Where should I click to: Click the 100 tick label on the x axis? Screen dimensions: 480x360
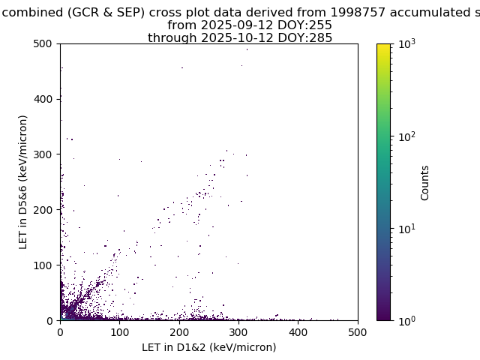click(x=120, y=332)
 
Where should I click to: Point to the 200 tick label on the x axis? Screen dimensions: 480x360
click(x=179, y=332)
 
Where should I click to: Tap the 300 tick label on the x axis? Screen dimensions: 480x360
click(x=238, y=332)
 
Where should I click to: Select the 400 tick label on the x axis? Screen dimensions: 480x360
click(x=298, y=332)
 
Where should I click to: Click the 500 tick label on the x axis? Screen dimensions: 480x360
click(x=358, y=332)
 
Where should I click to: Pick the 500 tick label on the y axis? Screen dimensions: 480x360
click(x=43, y=43)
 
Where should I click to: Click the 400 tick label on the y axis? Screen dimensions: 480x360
click(x=43, y=99)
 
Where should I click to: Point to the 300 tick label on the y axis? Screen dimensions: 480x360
click(x=43, y=154)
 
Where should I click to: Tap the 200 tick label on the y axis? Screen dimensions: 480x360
click(x=43, y=210)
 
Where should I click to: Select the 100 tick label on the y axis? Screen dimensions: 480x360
click(x=43, y=265)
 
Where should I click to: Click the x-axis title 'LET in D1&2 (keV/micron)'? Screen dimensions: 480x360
click(x=209, y=347)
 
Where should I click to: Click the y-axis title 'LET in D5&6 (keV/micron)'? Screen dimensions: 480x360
click(x=23, y=182)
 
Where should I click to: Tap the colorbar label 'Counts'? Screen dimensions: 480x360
click(x=424, y=183)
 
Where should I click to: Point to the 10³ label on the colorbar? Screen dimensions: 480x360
click(x=407, y=43)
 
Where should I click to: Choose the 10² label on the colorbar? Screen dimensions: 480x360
click(x=407, y=136)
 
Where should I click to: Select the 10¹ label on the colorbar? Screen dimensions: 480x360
click(x=407, y=229)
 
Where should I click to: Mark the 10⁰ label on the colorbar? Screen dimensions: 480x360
click(x=407, y=321)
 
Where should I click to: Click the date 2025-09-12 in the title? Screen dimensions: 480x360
click(x=237, y=25)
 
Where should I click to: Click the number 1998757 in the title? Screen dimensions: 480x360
click(x=358, y=12)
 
